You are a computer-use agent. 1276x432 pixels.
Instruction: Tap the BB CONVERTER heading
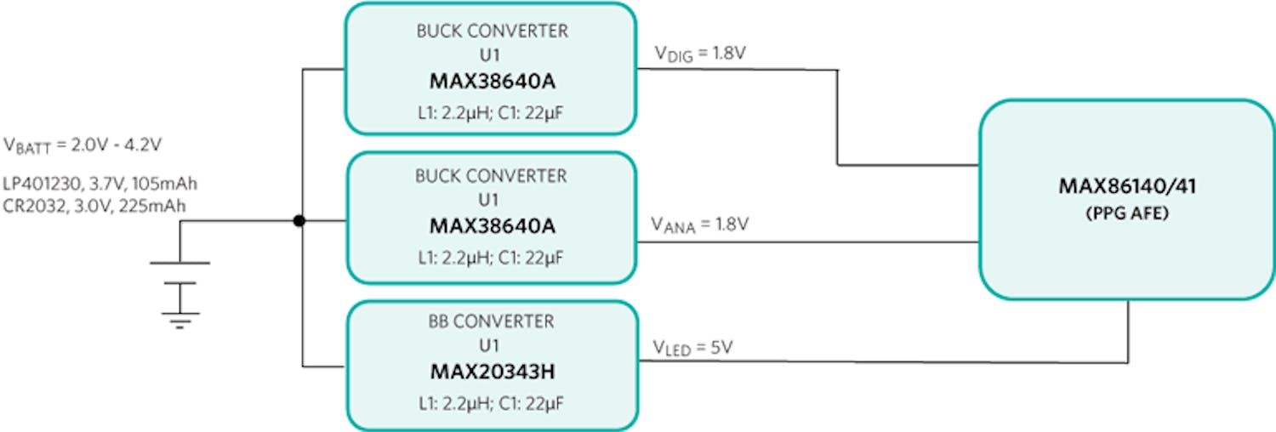[x=492, y=322]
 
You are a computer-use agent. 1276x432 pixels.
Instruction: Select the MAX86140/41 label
[x=1126, y=187]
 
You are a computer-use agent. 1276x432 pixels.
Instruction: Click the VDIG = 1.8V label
[x=699, y=55]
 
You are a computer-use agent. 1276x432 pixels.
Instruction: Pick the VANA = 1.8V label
[x=700, y=225]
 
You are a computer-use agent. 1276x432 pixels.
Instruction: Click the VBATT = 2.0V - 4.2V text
[x=83, y=145]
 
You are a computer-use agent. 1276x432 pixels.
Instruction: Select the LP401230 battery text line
[x=101, y=184]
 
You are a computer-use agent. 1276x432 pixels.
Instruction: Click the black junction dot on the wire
[x=299, y=221]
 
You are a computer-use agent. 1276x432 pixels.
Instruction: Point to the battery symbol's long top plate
[x=179, y=264]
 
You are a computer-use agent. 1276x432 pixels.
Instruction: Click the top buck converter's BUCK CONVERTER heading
[x=492, y=32]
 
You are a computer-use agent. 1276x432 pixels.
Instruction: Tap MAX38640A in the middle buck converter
[x=492, y=228]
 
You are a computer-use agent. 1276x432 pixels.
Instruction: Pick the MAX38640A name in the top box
[x=492, y=83]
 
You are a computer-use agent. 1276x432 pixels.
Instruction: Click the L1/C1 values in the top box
[x=492, y=111]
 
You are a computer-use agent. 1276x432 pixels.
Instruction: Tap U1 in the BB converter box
[x=492, y=348]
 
